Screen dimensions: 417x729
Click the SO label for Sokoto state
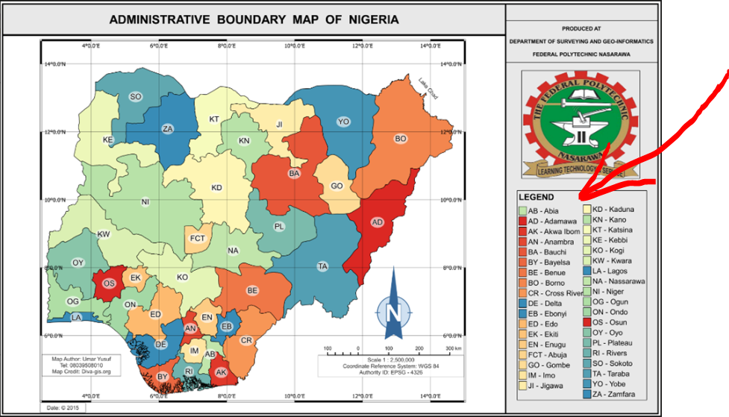[135, 96]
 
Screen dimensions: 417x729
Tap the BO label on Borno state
[400, 139]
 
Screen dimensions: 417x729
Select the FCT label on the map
[198, 238]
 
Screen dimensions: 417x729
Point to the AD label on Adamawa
[378, 222]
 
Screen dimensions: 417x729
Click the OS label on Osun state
[109, 283]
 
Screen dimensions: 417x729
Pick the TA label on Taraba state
[323, 266]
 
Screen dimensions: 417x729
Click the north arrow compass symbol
[393, 309]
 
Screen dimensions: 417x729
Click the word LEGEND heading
[536, 197]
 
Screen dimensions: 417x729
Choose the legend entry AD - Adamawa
[551, 222]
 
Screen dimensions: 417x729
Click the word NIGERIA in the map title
[369, 19]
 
